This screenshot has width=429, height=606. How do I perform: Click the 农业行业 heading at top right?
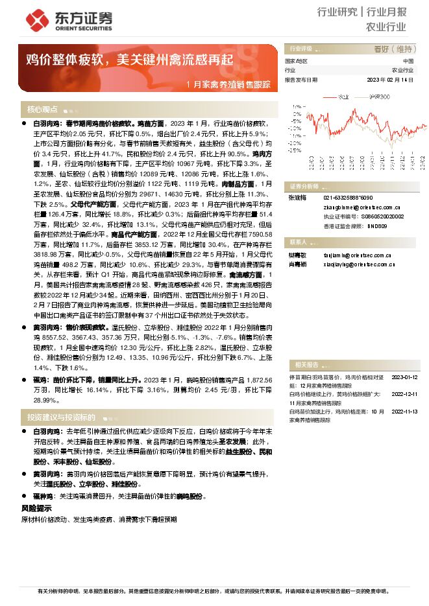pyautogui.click(x=386, y=27)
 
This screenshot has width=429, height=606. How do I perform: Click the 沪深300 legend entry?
pyautogui.click(x=379, y=96)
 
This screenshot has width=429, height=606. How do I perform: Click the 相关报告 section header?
pyautogui.click(x=305, y=364)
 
